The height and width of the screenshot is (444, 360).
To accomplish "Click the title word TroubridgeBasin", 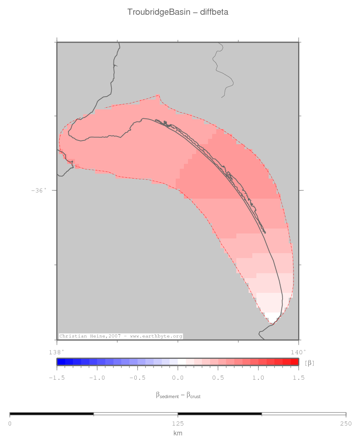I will [x=159, y=12].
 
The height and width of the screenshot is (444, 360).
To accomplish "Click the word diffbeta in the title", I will [x=214, y=12].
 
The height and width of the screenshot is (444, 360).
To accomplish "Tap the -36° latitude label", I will [x=39, y=190].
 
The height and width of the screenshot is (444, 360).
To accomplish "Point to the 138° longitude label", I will [x=57, y=351].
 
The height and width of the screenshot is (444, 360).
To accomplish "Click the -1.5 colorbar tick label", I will [x=57, y=378].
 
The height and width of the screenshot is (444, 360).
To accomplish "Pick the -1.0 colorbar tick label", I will [x=97, y=378].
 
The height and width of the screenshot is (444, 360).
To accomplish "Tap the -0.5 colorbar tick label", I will [x=137, y=378].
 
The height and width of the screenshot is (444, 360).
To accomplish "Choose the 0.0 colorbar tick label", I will [x=178, y=378].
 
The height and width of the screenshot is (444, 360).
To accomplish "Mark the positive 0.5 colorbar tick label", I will [x=218, y=378].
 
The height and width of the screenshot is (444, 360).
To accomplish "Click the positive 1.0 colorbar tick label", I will [x=258, y=378].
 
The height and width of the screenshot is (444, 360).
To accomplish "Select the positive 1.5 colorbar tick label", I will [x=298, y=378].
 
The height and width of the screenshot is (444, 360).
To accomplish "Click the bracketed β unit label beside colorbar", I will [x=310, y=362].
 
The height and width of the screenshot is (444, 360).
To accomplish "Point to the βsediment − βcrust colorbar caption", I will [x=178, y=395].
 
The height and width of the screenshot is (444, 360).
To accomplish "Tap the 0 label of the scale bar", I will [x=10, y=424].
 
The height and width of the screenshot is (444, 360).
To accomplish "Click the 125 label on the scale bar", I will [x=178, y=424].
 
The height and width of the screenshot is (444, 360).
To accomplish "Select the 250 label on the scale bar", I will [x=346, y=424].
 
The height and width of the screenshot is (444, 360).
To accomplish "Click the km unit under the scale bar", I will [x=178, y=433].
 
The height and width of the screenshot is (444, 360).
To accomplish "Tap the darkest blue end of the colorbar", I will [x=61, y=362].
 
